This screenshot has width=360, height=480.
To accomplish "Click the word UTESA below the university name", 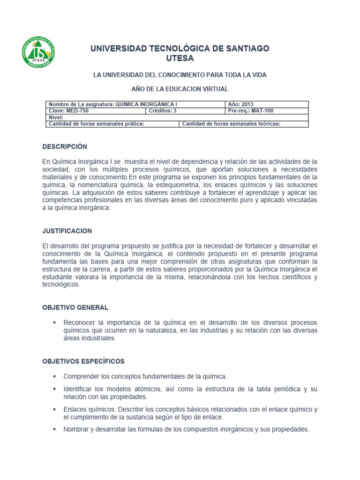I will [180, 59].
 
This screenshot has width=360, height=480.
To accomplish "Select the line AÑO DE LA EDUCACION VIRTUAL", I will [180, 89].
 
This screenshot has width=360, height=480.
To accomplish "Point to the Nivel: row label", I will [56, 118].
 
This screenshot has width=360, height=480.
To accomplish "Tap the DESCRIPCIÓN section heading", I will [65, 147].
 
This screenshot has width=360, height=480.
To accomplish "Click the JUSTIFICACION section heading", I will [67, 231].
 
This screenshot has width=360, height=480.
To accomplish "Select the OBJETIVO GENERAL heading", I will [75, 307].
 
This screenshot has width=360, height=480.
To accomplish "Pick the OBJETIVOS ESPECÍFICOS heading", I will [83, 361].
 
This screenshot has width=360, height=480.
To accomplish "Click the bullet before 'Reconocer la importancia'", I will [55, 323].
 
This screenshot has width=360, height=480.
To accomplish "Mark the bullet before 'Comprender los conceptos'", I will [55, 376].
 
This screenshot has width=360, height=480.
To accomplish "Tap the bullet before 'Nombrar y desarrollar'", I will [55, 429].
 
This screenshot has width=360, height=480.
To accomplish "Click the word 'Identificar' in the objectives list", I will [78, 389].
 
